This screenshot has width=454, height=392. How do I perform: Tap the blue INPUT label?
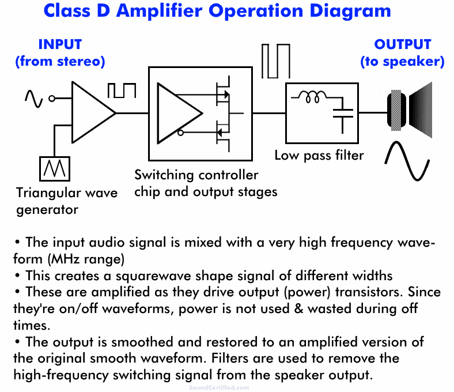pos(60,44)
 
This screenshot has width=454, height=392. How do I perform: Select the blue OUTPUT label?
pos(402,44)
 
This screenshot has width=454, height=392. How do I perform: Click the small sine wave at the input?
pos(33,99)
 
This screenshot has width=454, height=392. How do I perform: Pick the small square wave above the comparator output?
pos(122,91)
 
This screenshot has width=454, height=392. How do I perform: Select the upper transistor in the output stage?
pos(222,94)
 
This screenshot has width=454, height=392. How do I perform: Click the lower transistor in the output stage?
pos(222,131)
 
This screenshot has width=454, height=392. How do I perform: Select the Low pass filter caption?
pos(319,155)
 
